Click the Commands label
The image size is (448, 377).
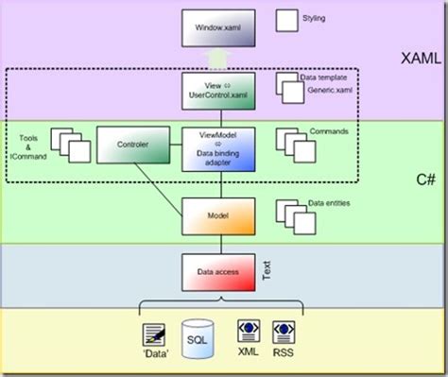(328, 131)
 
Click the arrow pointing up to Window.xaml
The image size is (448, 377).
(218, 60)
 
